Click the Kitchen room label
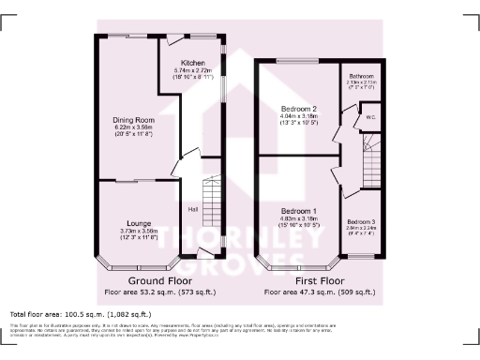point(194,63)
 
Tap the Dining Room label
point(134,120)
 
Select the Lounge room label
point(125,223)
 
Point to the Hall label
point(192,209)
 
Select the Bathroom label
point(362,75)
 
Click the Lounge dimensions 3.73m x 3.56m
point(125,231)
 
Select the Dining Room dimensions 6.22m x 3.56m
point(134,127)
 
